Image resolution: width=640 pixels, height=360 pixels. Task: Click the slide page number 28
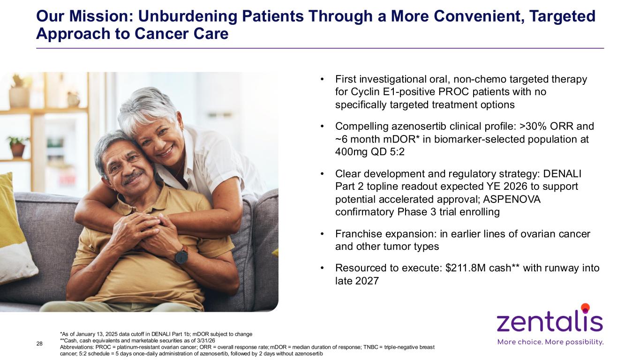tap(39, 344)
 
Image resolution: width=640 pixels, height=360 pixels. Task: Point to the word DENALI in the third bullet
tap(562, 174)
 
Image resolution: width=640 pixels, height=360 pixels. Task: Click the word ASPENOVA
tap(512, 199)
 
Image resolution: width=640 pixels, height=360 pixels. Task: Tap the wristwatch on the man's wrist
tap(181, 255)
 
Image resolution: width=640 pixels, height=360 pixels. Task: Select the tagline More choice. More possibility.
tap(550, 342)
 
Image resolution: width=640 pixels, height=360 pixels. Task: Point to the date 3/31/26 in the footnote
tap(206, 341)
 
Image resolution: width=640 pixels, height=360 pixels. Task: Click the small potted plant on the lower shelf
tap(17, 147)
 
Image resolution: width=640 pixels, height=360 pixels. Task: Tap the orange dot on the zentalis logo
tap(586, 307)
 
